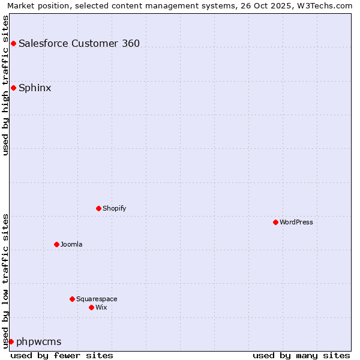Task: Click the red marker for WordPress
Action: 275,222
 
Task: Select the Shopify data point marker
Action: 98,208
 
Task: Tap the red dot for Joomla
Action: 56,244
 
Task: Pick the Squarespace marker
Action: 72,299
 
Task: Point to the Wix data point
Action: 91,307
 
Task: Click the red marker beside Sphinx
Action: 13,88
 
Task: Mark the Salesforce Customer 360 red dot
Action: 13,43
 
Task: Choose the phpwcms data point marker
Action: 11,341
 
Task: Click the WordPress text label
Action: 296,222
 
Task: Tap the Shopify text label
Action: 114,208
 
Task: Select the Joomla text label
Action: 71,244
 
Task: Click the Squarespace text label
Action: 97,299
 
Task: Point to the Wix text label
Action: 101,307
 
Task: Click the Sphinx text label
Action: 35,88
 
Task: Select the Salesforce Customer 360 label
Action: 79,43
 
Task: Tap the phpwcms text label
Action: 39,342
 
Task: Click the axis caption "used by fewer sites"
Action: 62,355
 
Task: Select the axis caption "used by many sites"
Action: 301,355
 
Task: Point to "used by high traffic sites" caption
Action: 5,85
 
